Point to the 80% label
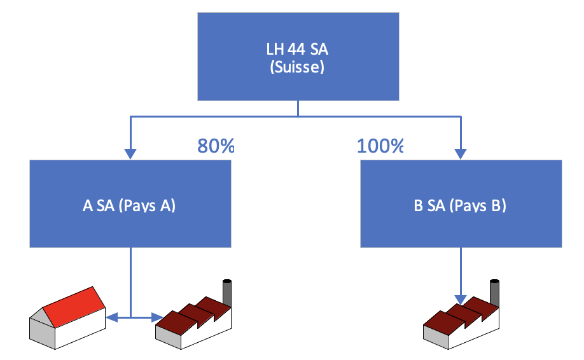click(x=216, y=146)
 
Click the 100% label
click(x=380, y=146)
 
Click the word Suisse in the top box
click(x=297, y=66)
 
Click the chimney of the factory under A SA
click(x=226, y=292)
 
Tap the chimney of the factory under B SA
click(x=494, y=292)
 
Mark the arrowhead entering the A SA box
click(x=130, y=154)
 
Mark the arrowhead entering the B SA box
click(x=461, y=154)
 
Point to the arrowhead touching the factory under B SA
click(x=461, y=299)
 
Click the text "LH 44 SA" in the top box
click(x=297, y=50)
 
